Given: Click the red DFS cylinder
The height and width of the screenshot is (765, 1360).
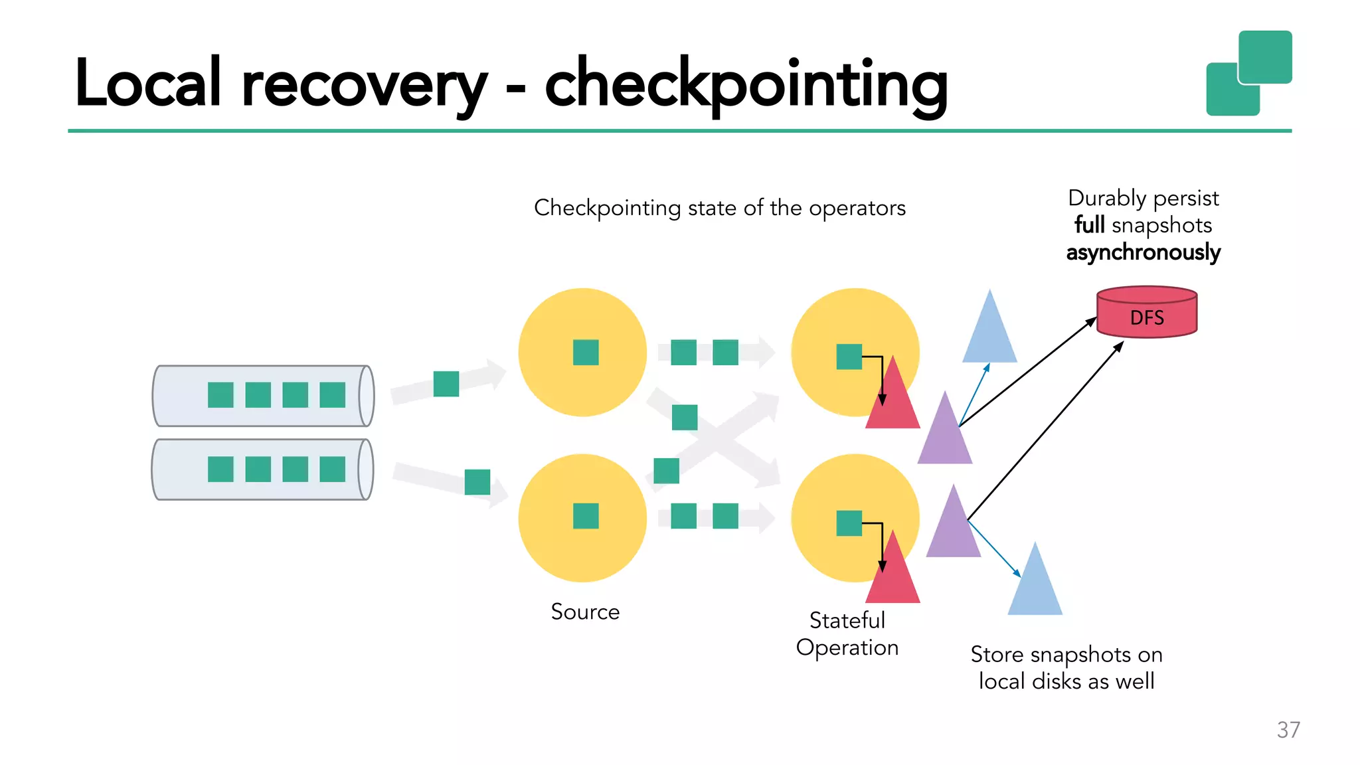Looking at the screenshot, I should tap(1146, 313).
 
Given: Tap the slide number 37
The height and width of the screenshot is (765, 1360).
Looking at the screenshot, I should tap(1288, 730).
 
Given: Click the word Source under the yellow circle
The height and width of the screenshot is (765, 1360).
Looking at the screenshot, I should tap(585, 612).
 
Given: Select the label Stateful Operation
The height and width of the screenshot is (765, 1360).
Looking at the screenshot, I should tap(847, 634).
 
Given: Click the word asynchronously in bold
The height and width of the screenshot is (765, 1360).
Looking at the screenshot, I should tap(1143, 252).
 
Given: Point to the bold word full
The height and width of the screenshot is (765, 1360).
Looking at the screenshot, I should tap(1089, 225).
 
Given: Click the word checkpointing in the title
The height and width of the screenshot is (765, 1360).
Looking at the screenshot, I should tap(746, 84).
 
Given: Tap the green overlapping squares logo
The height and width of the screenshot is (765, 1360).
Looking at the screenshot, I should tap(1248, 73).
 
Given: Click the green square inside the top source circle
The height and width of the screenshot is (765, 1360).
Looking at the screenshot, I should tap(586, 353).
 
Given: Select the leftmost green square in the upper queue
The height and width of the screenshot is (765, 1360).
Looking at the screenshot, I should tap(220, 395).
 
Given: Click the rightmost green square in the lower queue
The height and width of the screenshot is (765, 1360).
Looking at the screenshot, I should tap(332, 469).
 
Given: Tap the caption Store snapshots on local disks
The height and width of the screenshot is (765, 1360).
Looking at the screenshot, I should tap(1066, 667).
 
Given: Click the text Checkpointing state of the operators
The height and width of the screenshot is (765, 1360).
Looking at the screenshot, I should tap(719, 208).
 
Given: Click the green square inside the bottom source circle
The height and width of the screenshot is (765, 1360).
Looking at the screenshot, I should tap(586, 516).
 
